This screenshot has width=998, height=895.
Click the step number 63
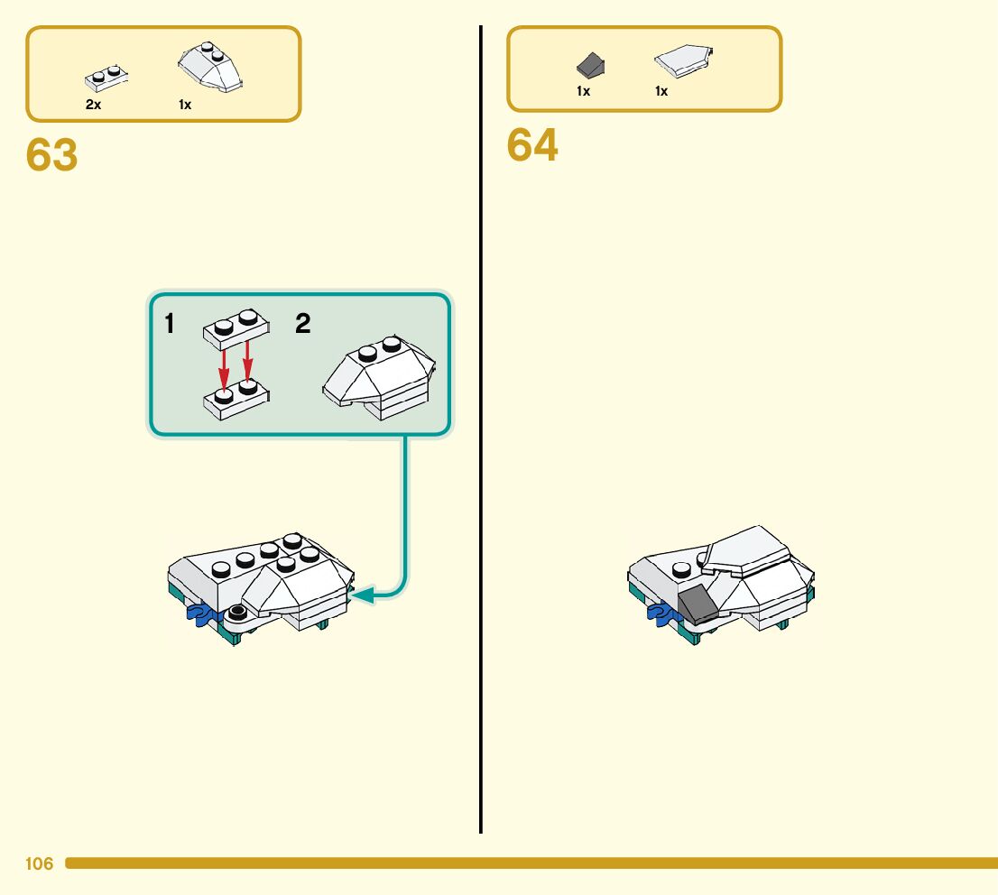(x=52, y=155)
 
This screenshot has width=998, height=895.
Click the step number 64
(x=532, y=145)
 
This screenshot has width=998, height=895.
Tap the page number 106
(x=39, y=864)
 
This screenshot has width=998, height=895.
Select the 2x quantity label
(x=93, y=105)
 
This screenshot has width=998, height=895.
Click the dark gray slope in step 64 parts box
(x=590, y=65)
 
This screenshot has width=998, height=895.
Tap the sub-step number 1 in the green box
(x=170, y=324)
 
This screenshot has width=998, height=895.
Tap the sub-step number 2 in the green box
(x=303, y=324)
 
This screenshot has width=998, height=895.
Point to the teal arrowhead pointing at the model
(x=362, y=595)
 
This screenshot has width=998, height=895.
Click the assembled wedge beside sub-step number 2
(x=379, y=380)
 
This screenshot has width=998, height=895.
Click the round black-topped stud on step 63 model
(x=240, y=612)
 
